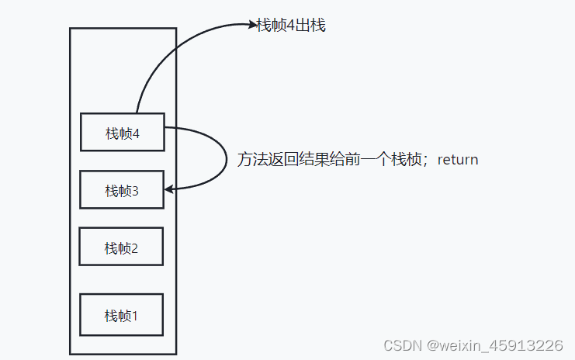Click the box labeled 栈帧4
point(122,133)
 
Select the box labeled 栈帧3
point(122,190)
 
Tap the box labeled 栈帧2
point(121,247)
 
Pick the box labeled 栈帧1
point(121,315)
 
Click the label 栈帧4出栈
point(291,26)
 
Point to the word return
point(458,160)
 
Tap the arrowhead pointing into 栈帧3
point(168,189)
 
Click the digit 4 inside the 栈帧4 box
point(136,133)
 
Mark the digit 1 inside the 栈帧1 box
point(134,316)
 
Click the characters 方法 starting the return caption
point(251,160)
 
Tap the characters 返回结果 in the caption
point(295,160)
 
